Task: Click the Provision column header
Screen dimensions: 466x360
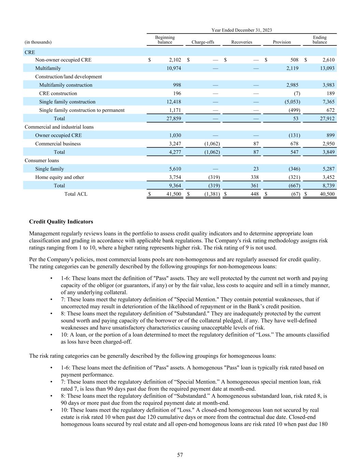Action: coord(282,42)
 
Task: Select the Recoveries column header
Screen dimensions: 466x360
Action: coord(242,42)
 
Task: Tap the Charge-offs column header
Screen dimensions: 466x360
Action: coord(203,42)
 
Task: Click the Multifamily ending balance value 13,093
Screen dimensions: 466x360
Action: coord(327,68)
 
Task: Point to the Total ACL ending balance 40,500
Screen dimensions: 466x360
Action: coord(327,194)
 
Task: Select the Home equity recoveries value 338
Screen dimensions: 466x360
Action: coord(254,177)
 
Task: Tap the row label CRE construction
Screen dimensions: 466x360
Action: coord(58,94)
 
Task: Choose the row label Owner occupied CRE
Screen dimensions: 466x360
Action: coord(58,135)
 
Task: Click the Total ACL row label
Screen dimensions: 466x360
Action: coord(76,194)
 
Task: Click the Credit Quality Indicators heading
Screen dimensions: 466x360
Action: coord(61,222)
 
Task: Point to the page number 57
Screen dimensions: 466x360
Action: coord(180,455)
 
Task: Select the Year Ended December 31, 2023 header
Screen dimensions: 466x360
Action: coord(242,30)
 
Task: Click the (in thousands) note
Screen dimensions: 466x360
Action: coord(38,42)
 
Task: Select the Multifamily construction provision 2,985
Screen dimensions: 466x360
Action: coord(292,85)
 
